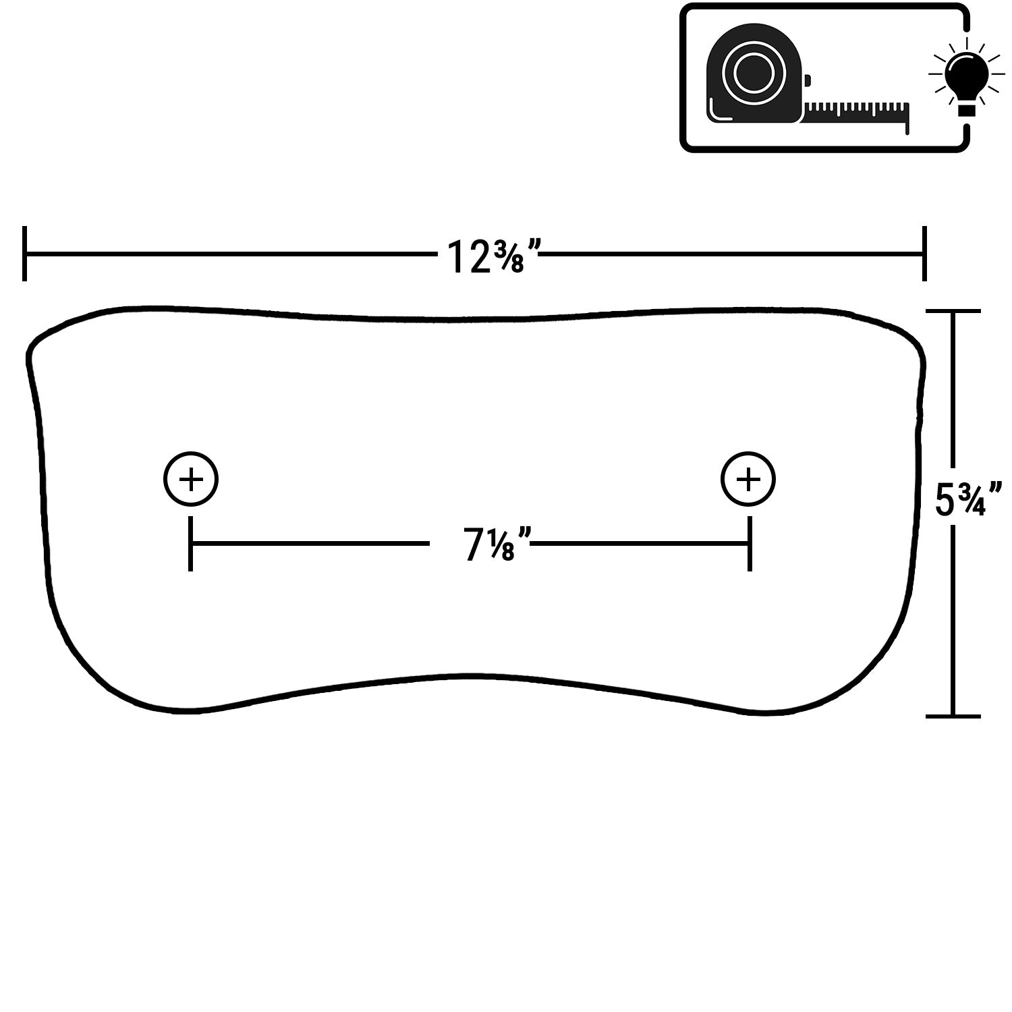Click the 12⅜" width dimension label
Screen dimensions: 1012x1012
tap(494, 256)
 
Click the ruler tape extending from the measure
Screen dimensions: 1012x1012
tap(857, 113)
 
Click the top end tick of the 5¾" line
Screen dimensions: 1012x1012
tap(953, 311)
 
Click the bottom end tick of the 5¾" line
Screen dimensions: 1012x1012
tap(953, 715)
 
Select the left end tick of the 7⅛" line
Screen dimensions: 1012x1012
tap(191, 544)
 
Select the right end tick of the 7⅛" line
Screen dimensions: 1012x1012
tap(749, 544)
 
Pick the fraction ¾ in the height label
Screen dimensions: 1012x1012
tap(972, 498)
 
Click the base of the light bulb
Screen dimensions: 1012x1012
tap(967, 110)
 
